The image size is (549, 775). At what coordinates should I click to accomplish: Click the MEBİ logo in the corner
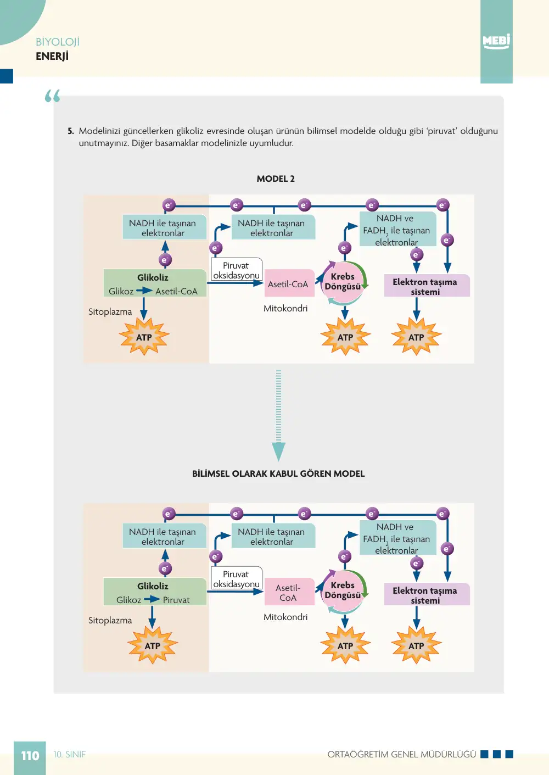point(496,41)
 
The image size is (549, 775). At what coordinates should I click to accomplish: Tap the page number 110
point(30,756)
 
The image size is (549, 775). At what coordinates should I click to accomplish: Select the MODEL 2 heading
point(276,179)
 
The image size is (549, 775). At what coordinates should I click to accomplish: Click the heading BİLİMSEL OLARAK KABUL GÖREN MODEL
point(278,473)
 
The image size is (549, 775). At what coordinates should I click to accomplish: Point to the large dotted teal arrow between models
point(278,415)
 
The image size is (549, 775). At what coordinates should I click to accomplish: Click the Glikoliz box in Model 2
point(155,283)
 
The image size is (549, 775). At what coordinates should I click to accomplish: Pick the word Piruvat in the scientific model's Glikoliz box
point(176,600)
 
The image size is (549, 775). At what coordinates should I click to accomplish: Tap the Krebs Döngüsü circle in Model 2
point(343,281)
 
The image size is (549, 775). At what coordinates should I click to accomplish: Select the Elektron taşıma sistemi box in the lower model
point(427,595)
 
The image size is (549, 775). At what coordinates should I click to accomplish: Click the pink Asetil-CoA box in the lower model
point(289,592)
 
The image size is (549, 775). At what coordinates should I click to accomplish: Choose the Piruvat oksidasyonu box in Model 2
point(237,270)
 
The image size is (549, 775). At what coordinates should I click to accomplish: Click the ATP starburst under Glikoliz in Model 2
point(144,337)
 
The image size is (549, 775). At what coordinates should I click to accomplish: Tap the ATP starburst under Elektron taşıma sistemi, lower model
point(416,645)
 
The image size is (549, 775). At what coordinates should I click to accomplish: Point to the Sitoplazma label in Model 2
point(110,312)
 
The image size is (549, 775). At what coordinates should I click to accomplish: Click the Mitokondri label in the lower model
point(285,617)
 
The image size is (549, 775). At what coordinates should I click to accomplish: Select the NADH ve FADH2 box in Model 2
point(397,230)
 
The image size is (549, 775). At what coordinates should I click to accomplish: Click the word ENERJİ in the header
point(52,56)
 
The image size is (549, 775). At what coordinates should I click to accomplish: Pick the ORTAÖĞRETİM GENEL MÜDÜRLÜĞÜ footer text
point(402,754)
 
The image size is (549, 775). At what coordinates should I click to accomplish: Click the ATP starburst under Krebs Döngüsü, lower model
point(345,645)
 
